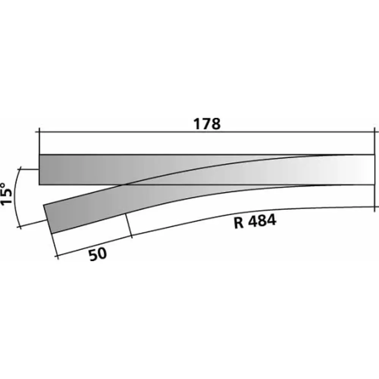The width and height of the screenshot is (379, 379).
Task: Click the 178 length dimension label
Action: click(207, 124)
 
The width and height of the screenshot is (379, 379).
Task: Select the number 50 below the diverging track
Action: click(98, 254)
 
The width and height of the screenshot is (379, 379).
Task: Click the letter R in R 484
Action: click(239, 222)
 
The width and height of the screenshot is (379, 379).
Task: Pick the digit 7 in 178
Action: click(207, 124)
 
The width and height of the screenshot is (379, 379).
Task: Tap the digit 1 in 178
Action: click(197, 124)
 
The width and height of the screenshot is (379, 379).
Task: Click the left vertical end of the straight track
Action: click(39, 169)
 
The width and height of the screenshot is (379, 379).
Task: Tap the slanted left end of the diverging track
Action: click(47, 219)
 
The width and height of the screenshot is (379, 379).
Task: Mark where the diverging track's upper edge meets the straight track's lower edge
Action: click(122, 185)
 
